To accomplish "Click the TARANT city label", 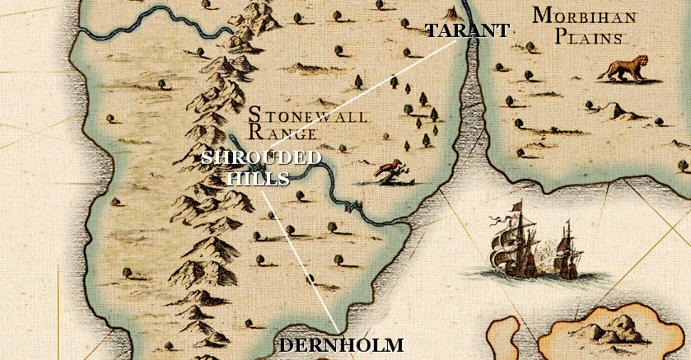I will (466, 31).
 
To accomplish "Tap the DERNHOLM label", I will (341, 345).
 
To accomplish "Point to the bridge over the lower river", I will (353, 206).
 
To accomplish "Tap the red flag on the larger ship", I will (516, 206).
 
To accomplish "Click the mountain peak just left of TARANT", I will (451, 12).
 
